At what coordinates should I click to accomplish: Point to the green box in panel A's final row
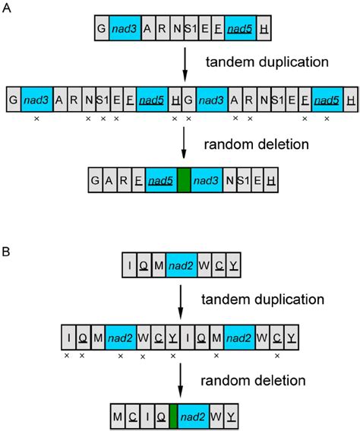(183, 180)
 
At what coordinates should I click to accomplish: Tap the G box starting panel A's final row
(96, 180)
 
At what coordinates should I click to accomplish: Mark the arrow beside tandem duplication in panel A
(185, 62)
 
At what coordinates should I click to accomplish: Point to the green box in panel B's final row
(173, 416)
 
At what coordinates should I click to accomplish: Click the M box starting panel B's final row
(115, 416)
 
